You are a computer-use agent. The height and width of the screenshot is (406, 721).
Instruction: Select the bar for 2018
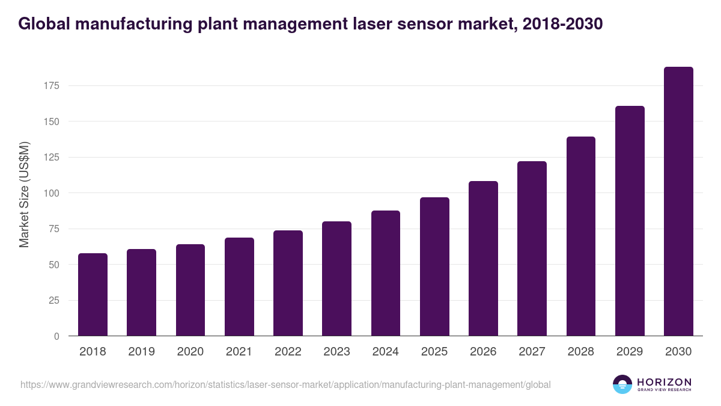(x=93, y=295)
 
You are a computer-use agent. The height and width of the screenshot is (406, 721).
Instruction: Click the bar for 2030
(x=678, y=201)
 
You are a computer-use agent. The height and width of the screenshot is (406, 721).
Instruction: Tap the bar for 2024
(x=386, y=273)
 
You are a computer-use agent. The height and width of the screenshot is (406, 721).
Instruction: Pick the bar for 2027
(x=532, y=248)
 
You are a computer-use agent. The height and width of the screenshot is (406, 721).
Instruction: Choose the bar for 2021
(x=239, y=287)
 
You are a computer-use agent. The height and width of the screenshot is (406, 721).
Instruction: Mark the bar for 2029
(x=630, y=221)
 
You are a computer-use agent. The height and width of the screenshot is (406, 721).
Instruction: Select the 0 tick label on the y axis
(x=56, y=336)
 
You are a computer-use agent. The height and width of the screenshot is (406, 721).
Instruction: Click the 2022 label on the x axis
(x=288, y=352)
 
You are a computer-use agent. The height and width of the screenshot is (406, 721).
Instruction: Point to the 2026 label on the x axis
(x=483, y=352)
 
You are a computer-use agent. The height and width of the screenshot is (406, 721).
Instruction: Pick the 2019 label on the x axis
(x=141, y=352)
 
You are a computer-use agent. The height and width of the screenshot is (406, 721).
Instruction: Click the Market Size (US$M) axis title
(x=24, y=194)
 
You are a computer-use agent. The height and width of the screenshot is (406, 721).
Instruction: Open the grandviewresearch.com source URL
(x=285, y=384)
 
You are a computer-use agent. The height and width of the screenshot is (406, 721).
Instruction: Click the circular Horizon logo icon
(x=622, y=384)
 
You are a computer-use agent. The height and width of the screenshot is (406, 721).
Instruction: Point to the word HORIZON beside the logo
(x=664, y=381)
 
